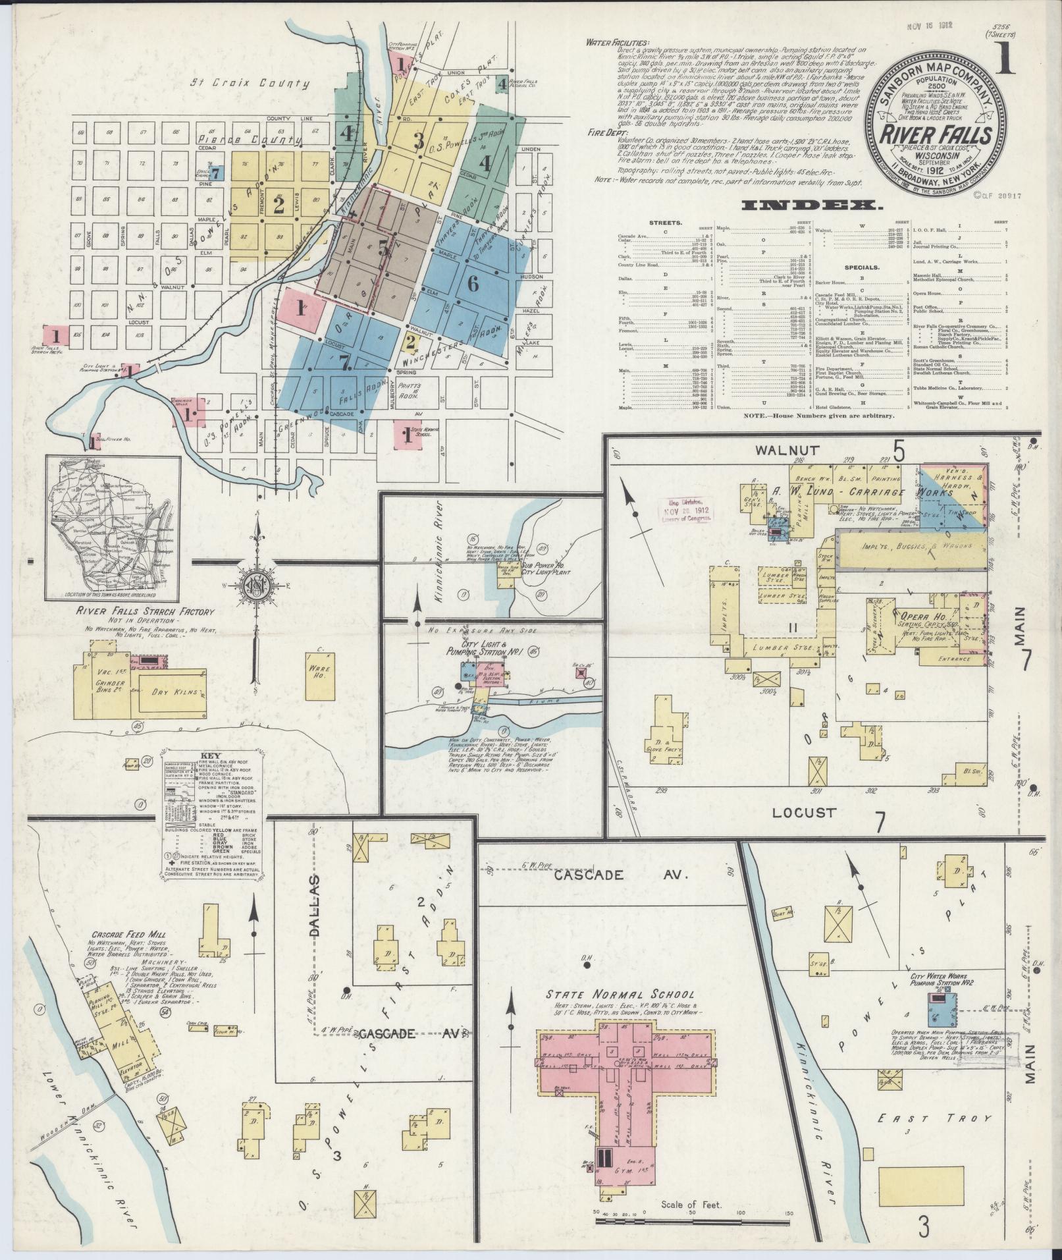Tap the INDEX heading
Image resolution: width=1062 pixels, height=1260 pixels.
coord(812,206)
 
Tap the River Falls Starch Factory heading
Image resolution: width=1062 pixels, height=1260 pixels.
coord(146,612)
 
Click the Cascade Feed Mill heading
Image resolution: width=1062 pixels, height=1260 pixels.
coord(128,934)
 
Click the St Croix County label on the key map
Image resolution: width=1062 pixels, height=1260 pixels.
coord(250,84)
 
